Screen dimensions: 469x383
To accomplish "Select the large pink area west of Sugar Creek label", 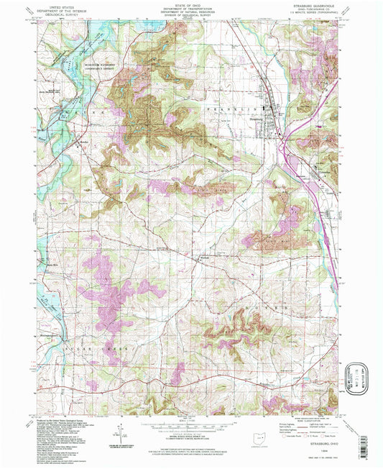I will pyautogui.click(x=108, y=295).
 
